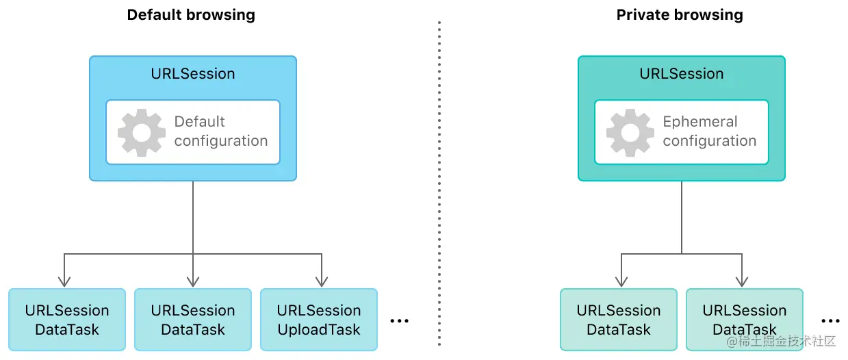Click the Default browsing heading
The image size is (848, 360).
(x=191, y=15)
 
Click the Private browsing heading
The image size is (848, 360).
(x=680, y=15)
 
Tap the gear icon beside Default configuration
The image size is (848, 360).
(x=142, y=132)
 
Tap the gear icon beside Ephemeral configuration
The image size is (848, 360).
(x=630, y=132)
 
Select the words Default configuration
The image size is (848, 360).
(x=220, y=131)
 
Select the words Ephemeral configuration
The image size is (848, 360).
(x=709, y=131)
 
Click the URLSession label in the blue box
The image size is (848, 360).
(x=193, y=74)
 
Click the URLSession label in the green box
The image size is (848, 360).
(x=682, y=74)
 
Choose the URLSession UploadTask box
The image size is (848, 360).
(x=319, y=320)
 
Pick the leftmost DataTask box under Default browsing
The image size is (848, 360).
(x=67, y=320)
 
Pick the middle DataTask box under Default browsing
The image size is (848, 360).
(x=193, y=320)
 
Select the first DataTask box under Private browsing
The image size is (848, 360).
(x=619, y=320)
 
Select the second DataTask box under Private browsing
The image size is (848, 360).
(x=745, y=320)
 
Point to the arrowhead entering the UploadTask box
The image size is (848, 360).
(x=322, y=281)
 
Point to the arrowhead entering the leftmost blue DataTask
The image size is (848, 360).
(x=64, y=281)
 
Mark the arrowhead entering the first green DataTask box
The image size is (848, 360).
(x=621, y=281)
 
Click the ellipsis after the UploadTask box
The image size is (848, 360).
(x=399, y=320)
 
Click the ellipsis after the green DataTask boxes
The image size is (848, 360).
(x=830, y=320)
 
